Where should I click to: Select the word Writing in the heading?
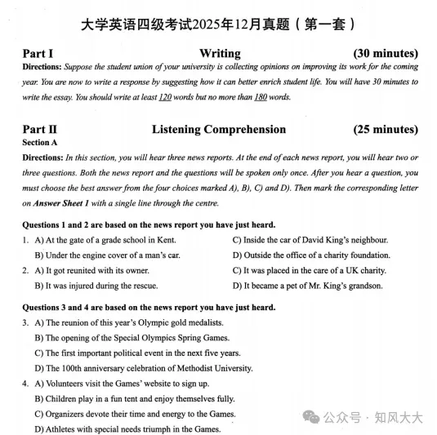[220, 54]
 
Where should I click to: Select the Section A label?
[41, 142]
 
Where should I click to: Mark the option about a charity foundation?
[311, 255]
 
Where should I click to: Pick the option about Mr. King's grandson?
[307, 286]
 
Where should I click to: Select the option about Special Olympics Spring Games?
[132, 338]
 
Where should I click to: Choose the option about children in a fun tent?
[134, 398]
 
